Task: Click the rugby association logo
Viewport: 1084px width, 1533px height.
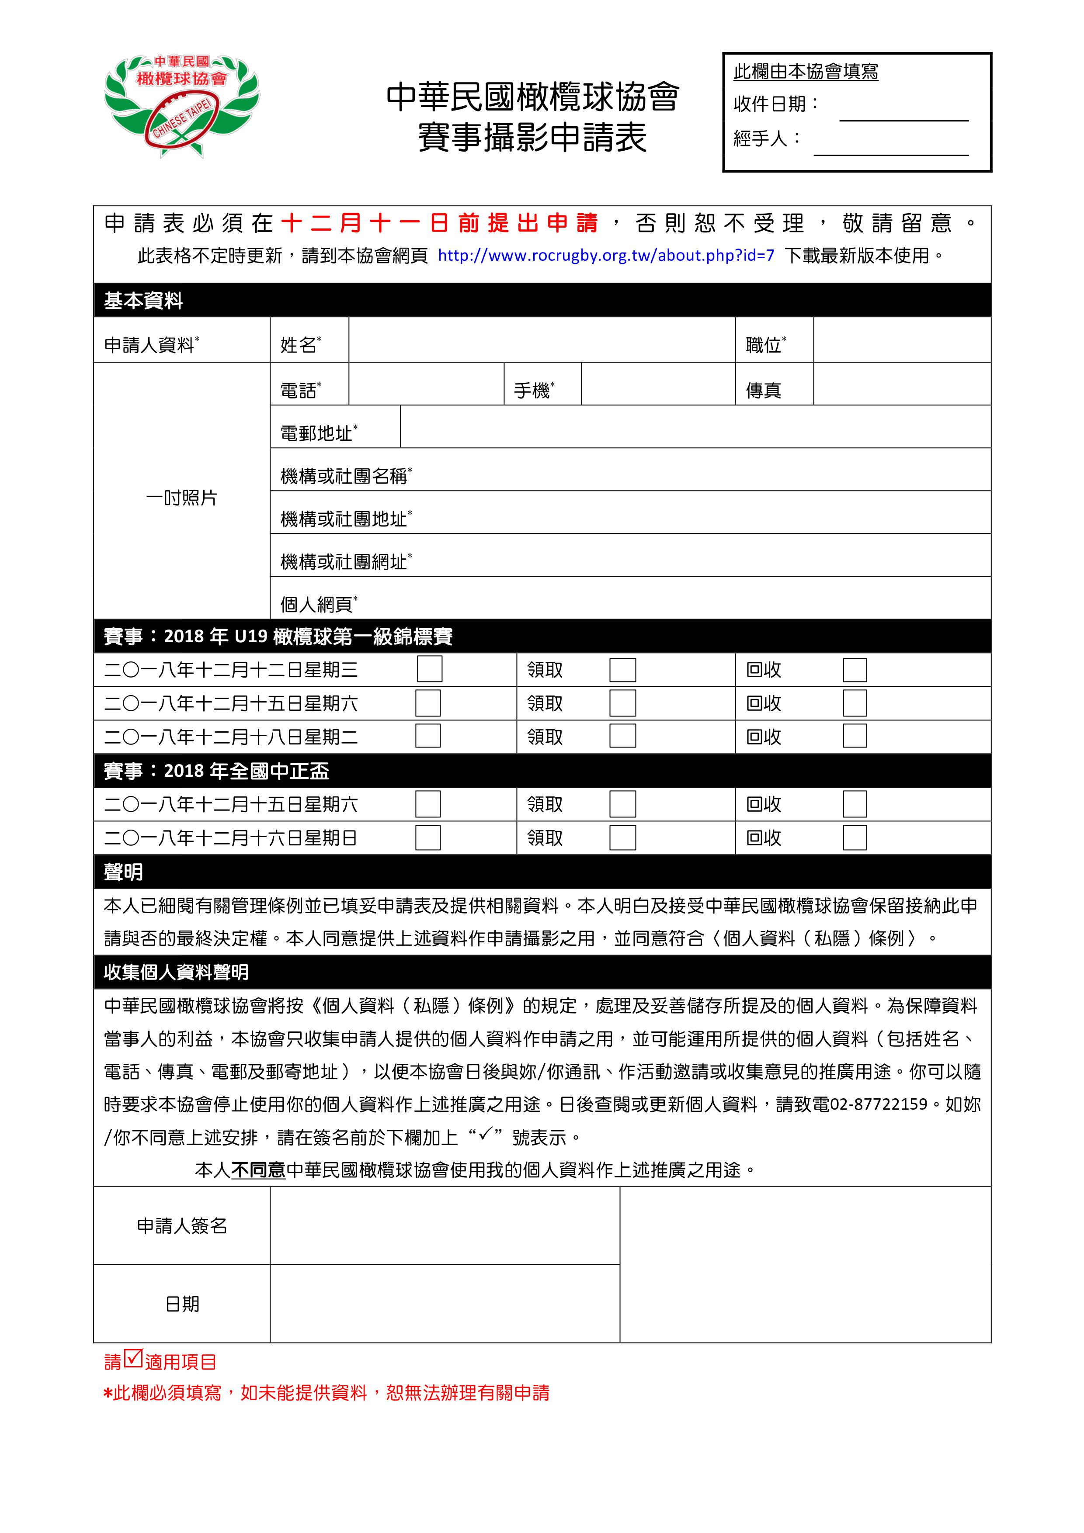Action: (x=182, y=105)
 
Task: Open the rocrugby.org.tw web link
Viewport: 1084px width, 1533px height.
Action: (x=606, y=255)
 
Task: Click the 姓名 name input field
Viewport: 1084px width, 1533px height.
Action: (x=541, y=340)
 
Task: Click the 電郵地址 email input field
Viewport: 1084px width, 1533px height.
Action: (x=695, y=427)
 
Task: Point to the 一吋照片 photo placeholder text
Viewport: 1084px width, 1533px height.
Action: (x=182, y=498)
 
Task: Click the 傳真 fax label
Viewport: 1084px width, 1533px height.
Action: (x=764, y=391)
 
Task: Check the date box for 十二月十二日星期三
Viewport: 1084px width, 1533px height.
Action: (x=430, y=669)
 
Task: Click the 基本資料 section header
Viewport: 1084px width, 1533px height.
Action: (x=144, y=301)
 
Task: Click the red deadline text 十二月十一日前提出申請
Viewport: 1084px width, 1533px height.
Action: (x=439, y=223)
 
